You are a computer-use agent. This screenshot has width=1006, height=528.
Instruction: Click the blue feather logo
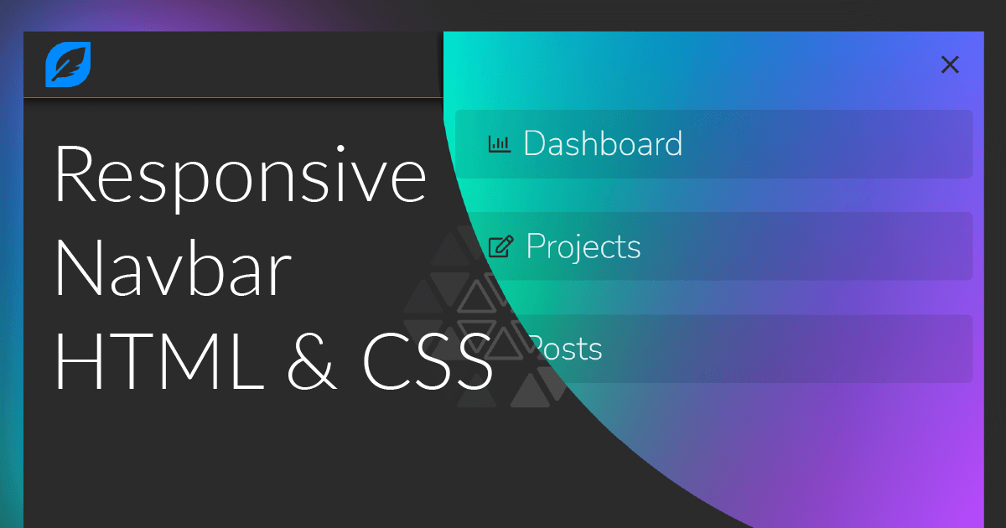click(x=68, y=65)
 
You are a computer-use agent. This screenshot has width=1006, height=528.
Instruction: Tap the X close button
click(x=950, y=65)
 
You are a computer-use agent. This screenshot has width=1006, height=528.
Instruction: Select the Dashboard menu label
click(x=603, y=143)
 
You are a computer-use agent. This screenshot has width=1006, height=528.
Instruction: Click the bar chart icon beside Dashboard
click(x=500, y=144)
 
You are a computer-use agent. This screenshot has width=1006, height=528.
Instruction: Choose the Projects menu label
click(x=583, y=247)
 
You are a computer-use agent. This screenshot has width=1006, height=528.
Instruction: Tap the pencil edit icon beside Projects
click(x=500, y=246)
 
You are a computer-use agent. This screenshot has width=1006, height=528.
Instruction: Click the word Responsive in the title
click(x=241, y=176)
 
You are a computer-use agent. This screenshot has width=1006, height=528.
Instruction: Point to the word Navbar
click(x=174, y=268)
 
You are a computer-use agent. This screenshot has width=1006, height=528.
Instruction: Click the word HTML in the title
click(x=159, y=362)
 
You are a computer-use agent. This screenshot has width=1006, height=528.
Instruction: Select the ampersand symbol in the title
click(x=311, y=362)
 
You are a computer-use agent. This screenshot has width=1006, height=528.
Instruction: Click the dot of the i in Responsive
click(x=340, y=148)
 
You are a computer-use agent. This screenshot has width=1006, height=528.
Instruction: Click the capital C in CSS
click(x=385, y=362)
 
